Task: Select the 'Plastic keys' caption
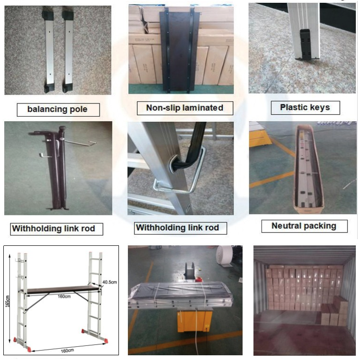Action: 304,107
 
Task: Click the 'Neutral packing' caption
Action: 304,225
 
